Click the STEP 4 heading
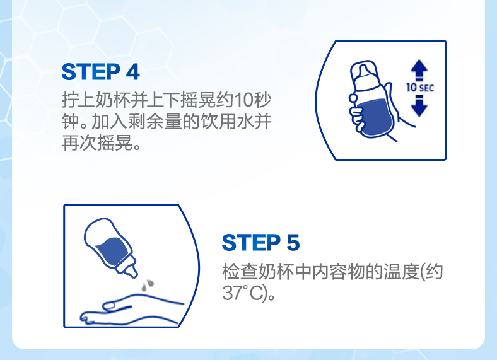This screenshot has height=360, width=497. pyautogui.click(x=100, y=72)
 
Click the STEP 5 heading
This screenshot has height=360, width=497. pyautogui.click(x=260, y=243)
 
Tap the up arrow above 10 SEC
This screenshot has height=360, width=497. pyautogui.click(x=419, y=70)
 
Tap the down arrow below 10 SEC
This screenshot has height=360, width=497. pyautogui.click(x=419, y=105)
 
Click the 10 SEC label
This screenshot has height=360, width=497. pyautogui.click(x=420, y=87)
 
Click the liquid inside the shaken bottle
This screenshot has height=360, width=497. pyautogui.click(x=375, y=117)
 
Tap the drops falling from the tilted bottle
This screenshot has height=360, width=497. pyautogui.click(x=147, y=284)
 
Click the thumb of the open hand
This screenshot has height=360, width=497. pyautogui.click(x=116, y=306)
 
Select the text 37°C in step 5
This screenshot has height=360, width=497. pyautogui.click(x=242, y=293)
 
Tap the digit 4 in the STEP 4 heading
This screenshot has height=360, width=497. pyautogui.click(x=133, y=72)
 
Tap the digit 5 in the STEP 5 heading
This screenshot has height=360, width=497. pyautogui.click(x=293, y=243)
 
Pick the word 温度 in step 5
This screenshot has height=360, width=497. pyautogui.click(x=402, y=272)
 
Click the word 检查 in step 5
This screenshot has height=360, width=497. pyautogui.click(x=240, y=272)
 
